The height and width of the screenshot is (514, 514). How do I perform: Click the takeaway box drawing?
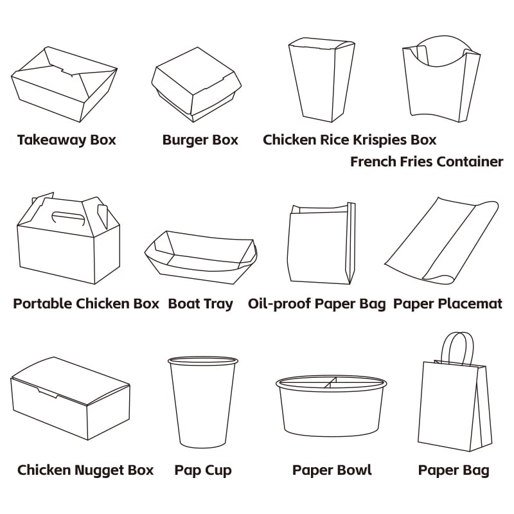(x=64, y=85)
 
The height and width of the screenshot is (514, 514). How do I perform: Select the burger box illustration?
(x=197, y=85)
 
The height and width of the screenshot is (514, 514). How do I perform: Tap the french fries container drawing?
(x=441, y=79)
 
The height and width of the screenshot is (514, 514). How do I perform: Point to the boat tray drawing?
(x=200, y=258)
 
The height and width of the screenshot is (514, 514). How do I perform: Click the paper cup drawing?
(x=203, y=402)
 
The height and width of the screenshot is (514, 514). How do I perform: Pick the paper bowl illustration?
(x=331, y=406)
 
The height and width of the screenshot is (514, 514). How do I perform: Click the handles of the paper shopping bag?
(x=457, y=348)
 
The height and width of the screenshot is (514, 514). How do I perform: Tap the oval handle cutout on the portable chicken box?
(x=68, y=218)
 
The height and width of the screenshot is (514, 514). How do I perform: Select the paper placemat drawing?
(x=441, y=242)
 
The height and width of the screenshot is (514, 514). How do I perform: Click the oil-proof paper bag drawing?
(x=321, y=243)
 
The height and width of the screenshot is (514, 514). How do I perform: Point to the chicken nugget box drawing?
(x=70, y=398)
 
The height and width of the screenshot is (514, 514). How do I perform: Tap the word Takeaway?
(x=52, y=140)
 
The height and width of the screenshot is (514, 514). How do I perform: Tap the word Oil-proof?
(x=279, y=304)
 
